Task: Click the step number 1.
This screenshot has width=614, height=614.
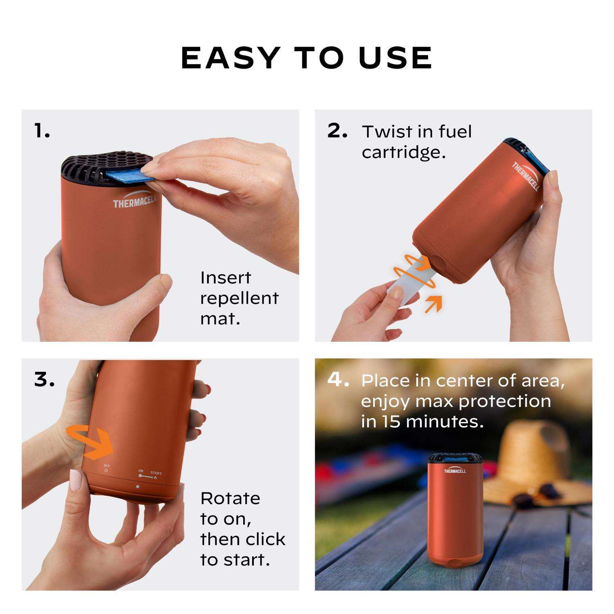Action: click(x=42, y=131)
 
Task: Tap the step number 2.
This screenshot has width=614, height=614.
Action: click(x=337, y=131)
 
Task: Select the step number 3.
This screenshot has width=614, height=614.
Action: click(x=44, y=380)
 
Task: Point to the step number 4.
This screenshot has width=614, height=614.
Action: click(x=338, y=379)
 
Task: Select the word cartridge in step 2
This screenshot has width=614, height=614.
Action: click(x=404, y=153)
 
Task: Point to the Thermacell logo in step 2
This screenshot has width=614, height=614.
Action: click(x=526, y=176)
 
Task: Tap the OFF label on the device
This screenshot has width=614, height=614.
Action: click(x=106, y=466)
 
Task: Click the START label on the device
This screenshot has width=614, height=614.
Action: click(x=156, y=473)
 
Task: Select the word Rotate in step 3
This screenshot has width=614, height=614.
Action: click(x=230, y=499)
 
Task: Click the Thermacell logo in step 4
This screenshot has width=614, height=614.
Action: click(x=455, y=471)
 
